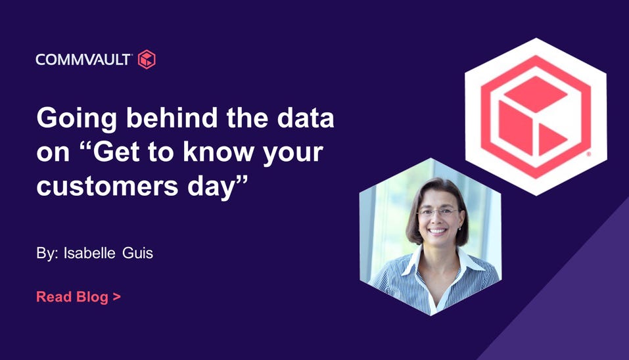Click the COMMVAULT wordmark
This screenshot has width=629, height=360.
pyautogui.click(x=83, y=60)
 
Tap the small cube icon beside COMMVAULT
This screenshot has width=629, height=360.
pyautogui.click(x=147, y=59)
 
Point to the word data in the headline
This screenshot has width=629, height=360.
pyautogui.click(x=305, y=118)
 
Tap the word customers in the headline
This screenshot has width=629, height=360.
pyautogui.click(x=107, y=187)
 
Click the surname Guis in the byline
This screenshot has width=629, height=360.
pyautogui.click(x=137, y=253)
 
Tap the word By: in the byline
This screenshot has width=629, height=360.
pyautogui.click(x=47, y=254)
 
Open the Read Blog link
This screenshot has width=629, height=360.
pyautogui.click(x=79, y=297)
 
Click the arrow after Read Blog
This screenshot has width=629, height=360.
pyautogui.click(x=117, y=297)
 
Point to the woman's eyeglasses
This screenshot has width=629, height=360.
pyautogui.click(x=438, y=212)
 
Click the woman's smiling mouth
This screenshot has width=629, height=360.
pyautogui.click(x=437, y=231)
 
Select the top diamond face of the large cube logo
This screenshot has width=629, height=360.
pyautogui.click(x=535, y=94)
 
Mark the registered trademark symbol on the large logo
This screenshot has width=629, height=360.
pyautogui.click(x=589, y=154)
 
